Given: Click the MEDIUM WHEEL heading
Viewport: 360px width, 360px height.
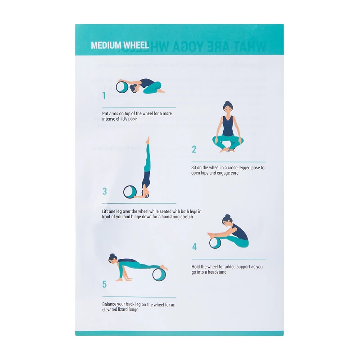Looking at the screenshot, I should pyautogui.click(x=120, y=45).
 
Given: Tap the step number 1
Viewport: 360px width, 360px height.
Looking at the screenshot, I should pyautogui.click(x=104, y=95).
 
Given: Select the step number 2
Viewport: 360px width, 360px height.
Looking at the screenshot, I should pyautogui.click(x=194, y=149).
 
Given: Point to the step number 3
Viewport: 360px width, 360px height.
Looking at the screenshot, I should pyautogui.click(x=104, y=191).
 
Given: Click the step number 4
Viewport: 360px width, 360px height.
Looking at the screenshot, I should pyautogui.click(x=194, y=247).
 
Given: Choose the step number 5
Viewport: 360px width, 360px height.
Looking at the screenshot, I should pyautogui.click(x=104, y=284).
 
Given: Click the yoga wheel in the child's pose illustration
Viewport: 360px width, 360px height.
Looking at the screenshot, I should pyautogui.click(x=121, y=87).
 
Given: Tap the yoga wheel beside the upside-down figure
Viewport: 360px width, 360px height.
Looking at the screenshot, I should pyautogui.click(x=130, y=192).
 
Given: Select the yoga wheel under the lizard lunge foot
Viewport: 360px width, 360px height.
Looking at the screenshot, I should pyautogui.click(x=158, y=274).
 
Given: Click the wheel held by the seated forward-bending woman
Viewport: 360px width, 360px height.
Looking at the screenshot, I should pyautogui.click(x=215, y=243).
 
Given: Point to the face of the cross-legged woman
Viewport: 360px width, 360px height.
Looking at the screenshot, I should pyautogui.click(x=228, y=108).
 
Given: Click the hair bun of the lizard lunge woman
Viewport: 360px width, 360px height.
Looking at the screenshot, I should pyautogui.click(x=110, y=256).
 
